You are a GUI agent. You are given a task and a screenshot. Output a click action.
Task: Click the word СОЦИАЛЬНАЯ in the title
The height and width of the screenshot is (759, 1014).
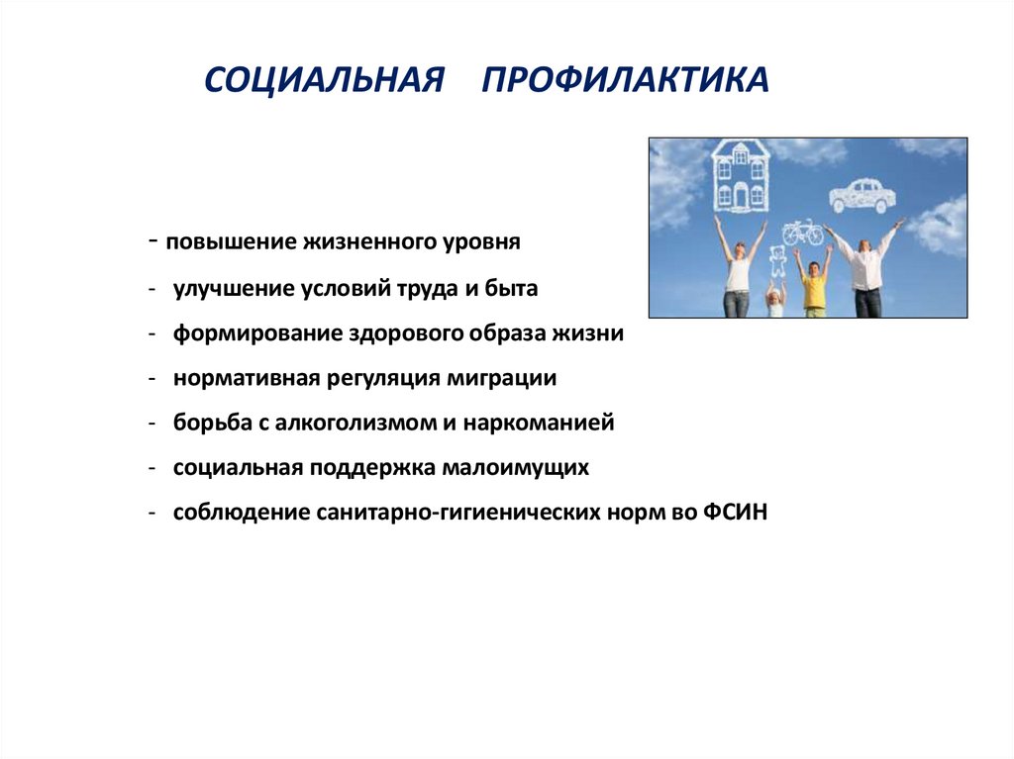coord(323,80)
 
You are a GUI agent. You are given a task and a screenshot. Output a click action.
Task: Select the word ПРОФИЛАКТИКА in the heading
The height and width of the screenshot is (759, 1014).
coord(625,80)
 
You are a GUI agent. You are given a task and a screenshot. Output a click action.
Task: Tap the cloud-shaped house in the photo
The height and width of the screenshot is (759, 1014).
coord(741,175)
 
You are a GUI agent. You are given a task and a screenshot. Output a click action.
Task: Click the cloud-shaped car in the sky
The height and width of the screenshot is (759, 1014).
coord(862,195)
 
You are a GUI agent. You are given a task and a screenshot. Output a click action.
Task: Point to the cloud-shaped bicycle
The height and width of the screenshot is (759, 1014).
coord(802,233)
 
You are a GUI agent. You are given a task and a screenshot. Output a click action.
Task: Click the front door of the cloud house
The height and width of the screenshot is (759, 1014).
coord(740,197)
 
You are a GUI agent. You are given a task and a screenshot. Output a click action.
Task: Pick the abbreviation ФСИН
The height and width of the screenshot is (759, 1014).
coord(738,513)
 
